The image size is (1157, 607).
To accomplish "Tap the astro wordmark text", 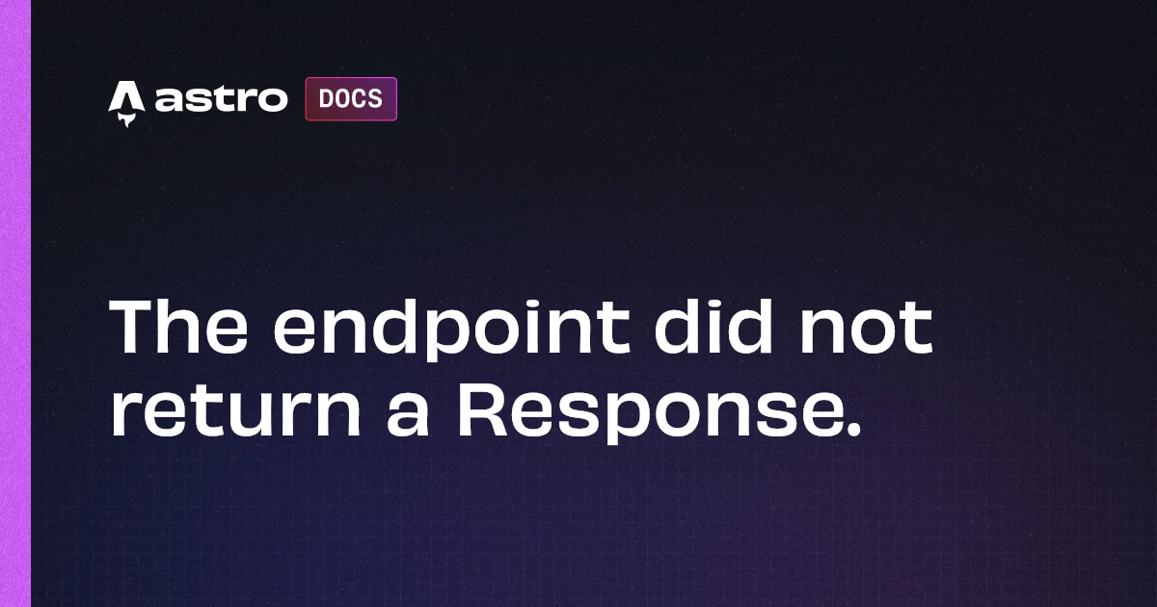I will tap(221, 99).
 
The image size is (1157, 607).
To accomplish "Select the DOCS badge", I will tap(351, 99).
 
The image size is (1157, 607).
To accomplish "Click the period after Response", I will tap(848, 433).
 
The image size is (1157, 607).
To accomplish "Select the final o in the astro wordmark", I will tap(272, 100).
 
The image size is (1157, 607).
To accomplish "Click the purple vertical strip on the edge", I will tap(15, 303).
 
